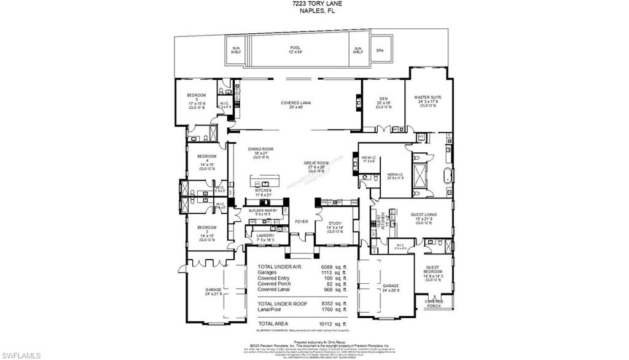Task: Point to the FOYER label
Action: pos(301,222)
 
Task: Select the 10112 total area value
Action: pos(326,324)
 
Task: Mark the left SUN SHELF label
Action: pos(236,50)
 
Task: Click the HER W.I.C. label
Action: pos(394,175)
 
